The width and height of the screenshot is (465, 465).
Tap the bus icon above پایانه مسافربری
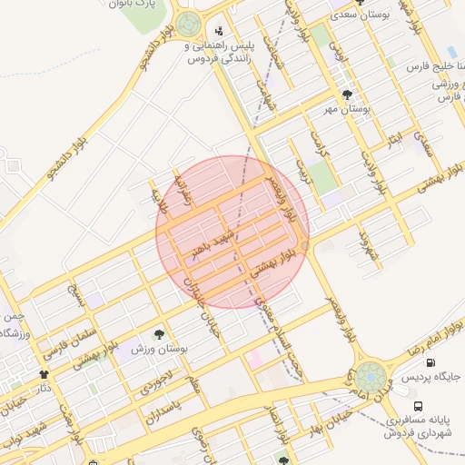coord(418,405)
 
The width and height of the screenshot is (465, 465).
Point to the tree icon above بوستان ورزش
coord(161,334)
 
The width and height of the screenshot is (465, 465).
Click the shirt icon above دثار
coord(43,373)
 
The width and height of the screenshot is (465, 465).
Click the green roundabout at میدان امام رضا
coord(371,376)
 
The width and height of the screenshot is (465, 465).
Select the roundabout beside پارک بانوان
coord(189,25)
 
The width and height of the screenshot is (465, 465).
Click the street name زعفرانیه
coord(183,185)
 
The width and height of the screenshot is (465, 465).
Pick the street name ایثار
coord(393,141)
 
